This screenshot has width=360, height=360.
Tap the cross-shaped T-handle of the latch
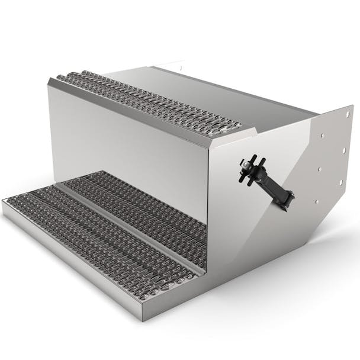click(248, 168)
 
